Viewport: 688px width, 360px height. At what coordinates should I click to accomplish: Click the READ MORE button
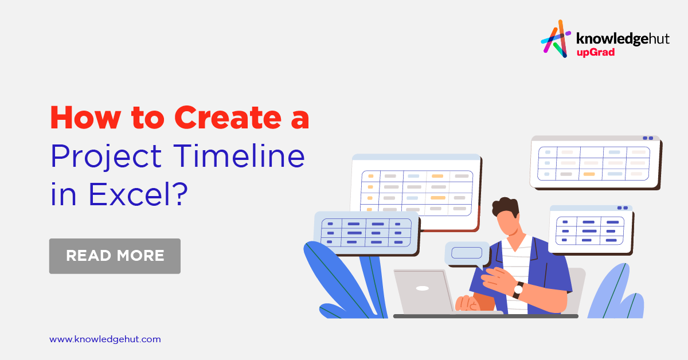[115, 256]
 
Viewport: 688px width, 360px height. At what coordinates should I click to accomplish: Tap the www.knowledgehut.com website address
[105, 339]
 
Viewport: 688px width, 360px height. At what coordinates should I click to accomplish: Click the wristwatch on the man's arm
[518, 289]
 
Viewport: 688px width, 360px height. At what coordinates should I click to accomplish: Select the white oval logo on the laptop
[423, 288]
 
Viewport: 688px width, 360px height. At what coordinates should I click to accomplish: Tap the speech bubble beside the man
[467, 253]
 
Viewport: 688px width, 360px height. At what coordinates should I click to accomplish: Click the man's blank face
[507, 225]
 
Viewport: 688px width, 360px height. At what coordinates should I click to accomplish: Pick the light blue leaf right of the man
[613, 292]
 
